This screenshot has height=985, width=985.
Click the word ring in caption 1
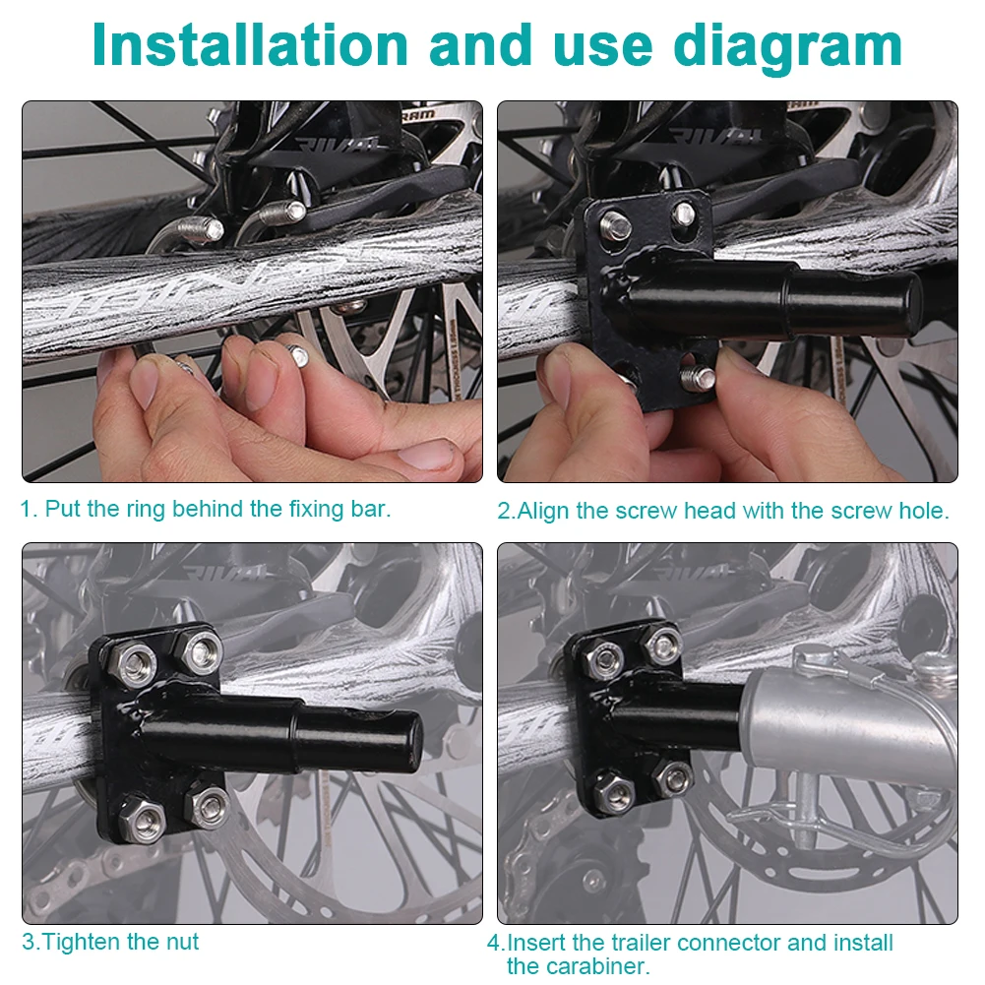(145, 510)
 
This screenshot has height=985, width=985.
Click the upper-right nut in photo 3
(201, 647)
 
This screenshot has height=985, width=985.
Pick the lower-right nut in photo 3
(208, 805)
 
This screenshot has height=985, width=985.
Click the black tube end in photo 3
(404, 740)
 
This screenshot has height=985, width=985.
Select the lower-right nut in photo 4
(674, 777)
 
